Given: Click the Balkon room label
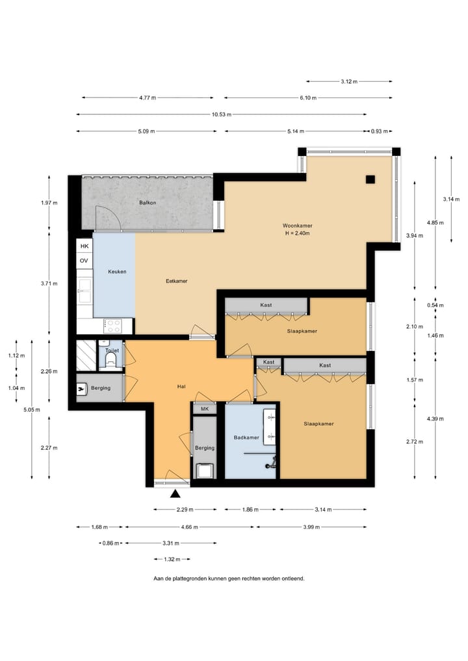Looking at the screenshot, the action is click(x=148, y=203).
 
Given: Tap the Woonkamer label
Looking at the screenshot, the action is click(x=297, y=226).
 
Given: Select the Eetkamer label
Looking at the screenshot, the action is click(x=177, y=281).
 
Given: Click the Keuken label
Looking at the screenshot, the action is click(x=117, y=272).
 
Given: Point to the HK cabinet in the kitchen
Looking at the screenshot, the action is click(x=84, y=246).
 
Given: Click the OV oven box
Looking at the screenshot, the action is click(x=84, y=261).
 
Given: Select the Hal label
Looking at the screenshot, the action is click(x=181, y=387).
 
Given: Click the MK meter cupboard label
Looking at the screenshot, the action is click(x=205, y=409).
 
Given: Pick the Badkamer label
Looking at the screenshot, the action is click(x=246, y=437).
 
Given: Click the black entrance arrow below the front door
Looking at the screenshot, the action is click(x=175, y=494).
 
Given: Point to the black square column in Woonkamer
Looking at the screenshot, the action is click(x=370, y=179).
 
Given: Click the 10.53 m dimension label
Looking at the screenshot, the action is click(x=222, y=114).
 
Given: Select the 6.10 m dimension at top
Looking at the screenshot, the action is click(x=308, y=97).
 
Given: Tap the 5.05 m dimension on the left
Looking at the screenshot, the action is click(x=32, y=409).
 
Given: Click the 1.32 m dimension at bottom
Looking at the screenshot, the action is click(x=172, y=560).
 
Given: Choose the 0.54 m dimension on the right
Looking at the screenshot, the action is click(x=435, y=305).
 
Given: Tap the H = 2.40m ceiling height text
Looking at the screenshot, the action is click(x=297, y=233).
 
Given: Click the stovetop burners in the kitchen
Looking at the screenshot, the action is click(x=113, y=326).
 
